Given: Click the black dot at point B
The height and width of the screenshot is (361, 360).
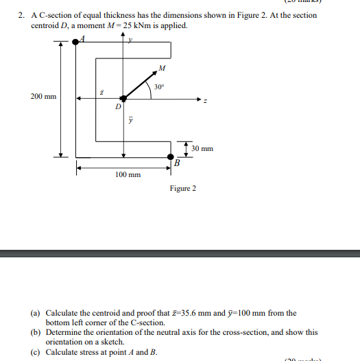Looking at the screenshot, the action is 171,156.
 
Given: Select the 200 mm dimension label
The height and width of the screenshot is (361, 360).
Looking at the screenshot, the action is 43,97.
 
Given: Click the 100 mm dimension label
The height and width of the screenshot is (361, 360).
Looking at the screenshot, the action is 128,175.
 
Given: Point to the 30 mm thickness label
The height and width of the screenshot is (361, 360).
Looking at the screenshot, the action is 202,148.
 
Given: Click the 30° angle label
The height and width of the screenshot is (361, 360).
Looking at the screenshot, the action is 159,87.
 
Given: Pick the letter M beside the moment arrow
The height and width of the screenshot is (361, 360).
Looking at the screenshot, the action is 161,68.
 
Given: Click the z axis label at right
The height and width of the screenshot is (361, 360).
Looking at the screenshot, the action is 204,102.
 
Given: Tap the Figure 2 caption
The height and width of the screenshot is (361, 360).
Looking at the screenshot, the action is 183,188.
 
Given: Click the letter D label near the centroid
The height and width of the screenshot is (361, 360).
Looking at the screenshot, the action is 117,107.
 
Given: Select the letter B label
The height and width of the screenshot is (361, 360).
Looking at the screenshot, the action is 176,163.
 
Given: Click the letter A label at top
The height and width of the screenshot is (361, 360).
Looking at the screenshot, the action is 82,38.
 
